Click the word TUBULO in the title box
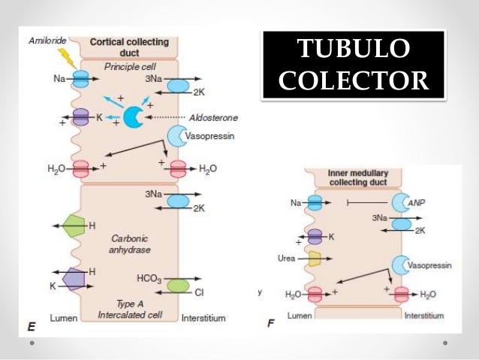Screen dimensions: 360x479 [354, 50]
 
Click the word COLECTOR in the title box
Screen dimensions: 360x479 [354, 80]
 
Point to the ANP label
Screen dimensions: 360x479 [416, 203]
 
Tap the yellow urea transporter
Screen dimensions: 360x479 [315, 259]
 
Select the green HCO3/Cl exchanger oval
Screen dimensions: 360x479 [178, 285]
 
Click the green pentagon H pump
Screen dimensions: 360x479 [75, 225]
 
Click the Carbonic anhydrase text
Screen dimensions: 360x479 [128, 242]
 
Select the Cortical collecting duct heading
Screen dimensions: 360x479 [129, 47]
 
